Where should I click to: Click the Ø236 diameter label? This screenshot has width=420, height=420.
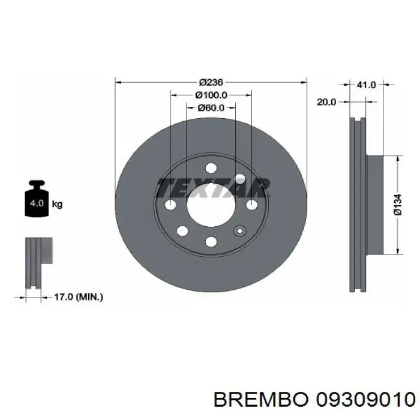point(211,82)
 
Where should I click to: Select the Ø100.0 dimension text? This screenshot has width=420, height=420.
point(211,95)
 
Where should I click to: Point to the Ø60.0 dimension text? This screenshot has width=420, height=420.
point(211,108)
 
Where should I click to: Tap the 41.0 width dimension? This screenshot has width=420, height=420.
point(366,85)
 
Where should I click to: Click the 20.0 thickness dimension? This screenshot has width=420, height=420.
point(326,103)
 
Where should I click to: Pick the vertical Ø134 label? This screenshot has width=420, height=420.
point(398,205)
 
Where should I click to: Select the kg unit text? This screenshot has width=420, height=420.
point(58,204)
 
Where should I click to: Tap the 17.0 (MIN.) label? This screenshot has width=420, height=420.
point(79,296)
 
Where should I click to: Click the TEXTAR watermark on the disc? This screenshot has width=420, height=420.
point(213,188)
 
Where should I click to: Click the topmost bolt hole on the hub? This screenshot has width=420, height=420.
point(211,169)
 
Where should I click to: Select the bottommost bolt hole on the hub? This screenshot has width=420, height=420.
point(211,241)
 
